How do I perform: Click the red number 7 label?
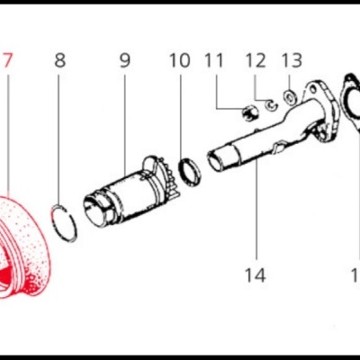(x=8, y=61)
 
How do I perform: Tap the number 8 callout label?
(x=60, y=61)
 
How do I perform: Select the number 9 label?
(x=124, y=61)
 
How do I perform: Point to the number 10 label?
(x=180, y=61)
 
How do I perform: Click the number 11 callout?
(x=213, y=61)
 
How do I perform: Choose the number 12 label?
(x=256, y=61)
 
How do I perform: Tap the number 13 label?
(x=292, y=61)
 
